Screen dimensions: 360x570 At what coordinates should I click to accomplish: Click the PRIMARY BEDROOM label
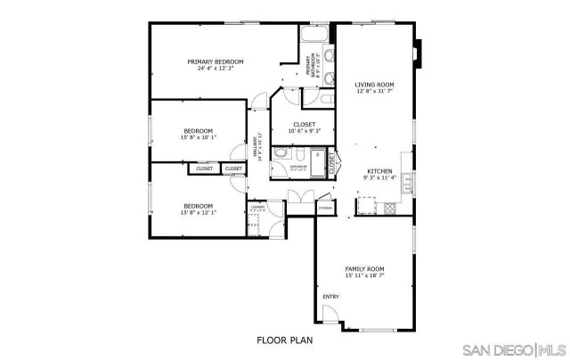(x=215, y=61)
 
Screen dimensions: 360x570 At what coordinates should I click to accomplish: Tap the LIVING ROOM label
(x=374, y=85)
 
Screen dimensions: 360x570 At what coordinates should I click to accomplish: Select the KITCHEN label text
(x=380, y=171)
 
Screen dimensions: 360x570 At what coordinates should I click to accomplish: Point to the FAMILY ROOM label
(x=364, y=268)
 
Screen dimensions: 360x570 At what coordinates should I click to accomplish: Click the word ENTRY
(x=330, y=297)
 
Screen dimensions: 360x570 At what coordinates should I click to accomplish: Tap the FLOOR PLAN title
(x=284, y=340)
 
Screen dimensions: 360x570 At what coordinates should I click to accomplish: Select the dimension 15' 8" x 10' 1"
(x=198, y=137)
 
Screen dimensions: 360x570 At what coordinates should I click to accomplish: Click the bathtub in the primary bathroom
(x=313, y=36)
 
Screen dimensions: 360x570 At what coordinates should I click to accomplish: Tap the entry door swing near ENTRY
(x=330, y=315)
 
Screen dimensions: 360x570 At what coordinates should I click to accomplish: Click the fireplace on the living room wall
(x=419, y=53)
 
